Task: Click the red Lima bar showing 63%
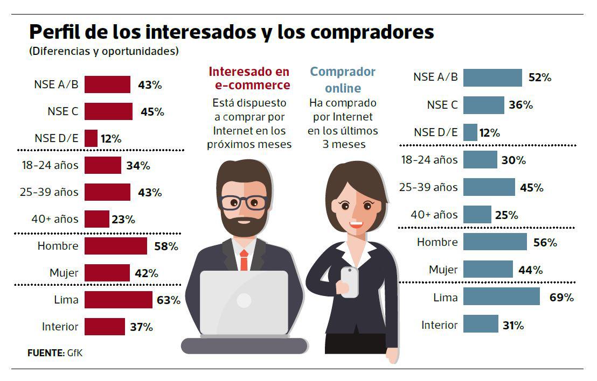coord(118,300)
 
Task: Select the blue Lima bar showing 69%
coord(501,297)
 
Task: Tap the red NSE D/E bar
coord(91,138)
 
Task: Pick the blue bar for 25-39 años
coord(489,187)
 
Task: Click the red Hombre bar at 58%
coord(115,246)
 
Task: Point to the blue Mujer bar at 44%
coord(488,269)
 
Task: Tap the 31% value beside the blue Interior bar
coord(513,325)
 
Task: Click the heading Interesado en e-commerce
coord(249,78)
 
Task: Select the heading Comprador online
coord(343,79)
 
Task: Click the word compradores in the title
coord(372,32)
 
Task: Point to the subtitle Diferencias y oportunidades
coord(103,52)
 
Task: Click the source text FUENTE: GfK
coord(55,353)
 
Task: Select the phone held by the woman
coord(349,281)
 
